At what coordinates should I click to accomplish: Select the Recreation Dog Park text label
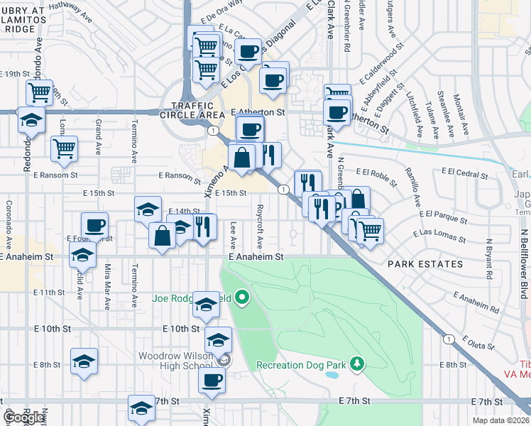(x=301, y=365)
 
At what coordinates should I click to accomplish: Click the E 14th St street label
(x=184, y=211)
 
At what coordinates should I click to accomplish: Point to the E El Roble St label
(x=373, y=172)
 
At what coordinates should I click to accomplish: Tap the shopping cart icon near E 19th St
(x=39, y=92)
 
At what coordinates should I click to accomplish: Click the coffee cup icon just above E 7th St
(x=212, y=380)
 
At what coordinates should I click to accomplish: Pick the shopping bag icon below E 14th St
(x=163, y=236)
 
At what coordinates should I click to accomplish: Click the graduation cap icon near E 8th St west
(x=84, y=361)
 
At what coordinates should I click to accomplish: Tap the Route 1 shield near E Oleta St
(x=449, y=339)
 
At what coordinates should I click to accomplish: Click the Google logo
(x=24, y=417)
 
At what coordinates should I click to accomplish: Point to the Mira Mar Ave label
(x=108, y=284)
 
